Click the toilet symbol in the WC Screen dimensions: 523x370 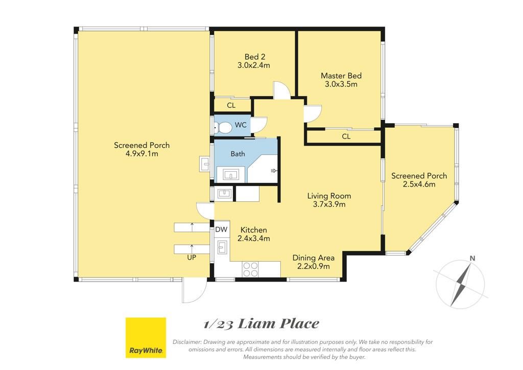pyautogui.click(x=223, y=127)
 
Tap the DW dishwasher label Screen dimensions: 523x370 pyautogui.click(x=221, y=229)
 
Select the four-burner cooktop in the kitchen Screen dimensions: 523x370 pyautogui.click(x=250, y=269)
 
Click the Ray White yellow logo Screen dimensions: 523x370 pyautogui.click(x=146, y=338)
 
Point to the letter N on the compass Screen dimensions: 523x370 pyautogui.click(x=472, y=258)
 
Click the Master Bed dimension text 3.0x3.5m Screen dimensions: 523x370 pyautogui.click(x=341, y=84)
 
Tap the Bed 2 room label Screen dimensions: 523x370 pyautogui.click(x=255, y=57)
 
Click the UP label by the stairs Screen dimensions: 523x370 pyautogui.click(x=192, y=258)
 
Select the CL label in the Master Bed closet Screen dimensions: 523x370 pyautogui.click(x=346, y=136)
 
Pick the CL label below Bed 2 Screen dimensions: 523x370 pyautogui.click(x=231, y=105)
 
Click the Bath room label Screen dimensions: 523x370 pyautogui.click(x=238, y=154)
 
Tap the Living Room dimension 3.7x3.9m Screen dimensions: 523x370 pyautogui.click(x=329, y=204)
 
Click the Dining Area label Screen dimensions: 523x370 pyautogui.click(x=313, y=258)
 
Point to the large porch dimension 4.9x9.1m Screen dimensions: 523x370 pyautogui.click(x=142, y=153)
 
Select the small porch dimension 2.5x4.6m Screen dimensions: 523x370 pyautogui.click(x=419, y=184)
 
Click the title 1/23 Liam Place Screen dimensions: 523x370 pyautogui.click(x=261, y=323)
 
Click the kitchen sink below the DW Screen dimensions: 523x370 pyautogui.click(x=222, y=247)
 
